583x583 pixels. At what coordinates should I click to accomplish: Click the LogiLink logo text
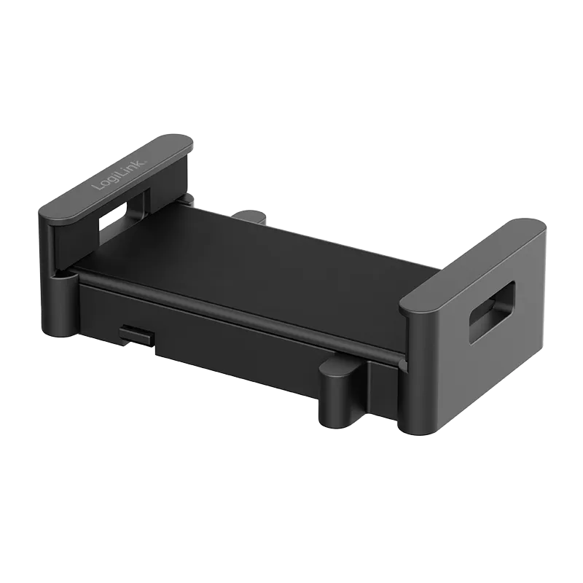pyautogui.click(x=120, y=175)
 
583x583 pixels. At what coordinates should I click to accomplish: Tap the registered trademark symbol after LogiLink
pyautogui.click(x=146, y=161)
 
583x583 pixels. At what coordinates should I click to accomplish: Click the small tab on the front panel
pyautogui.click(x=137, y=332)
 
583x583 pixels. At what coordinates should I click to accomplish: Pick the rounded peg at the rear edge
pyautogui.click(x=250, y=216)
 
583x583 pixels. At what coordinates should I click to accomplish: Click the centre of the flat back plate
pyautogui.click(x=257, y=275)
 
